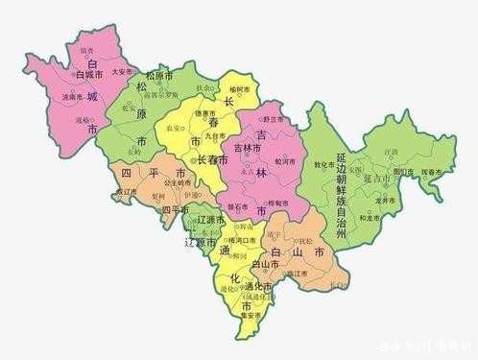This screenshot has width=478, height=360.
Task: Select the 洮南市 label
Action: tap(72, 98)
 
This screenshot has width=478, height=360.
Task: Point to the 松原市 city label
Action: tap(159, 75)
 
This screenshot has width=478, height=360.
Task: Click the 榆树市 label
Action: tap(239, 88)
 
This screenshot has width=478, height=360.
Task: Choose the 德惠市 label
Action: tap(205, 112)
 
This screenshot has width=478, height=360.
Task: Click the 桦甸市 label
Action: tap(280, 204)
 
